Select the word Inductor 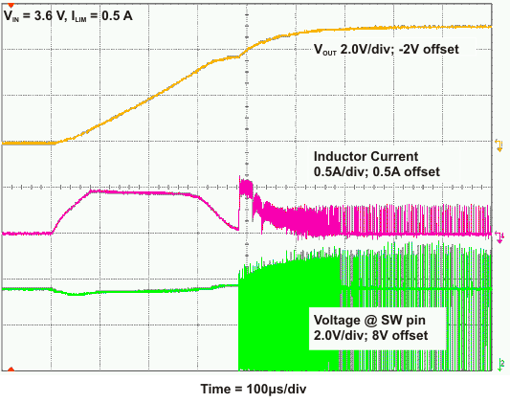(342, 156)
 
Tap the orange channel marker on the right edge (499, 144)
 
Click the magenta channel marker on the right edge (499, 233)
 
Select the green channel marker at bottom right (499, 363)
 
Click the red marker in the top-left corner (9, 6)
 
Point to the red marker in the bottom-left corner (9, 369)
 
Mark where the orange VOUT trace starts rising (55, 142)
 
